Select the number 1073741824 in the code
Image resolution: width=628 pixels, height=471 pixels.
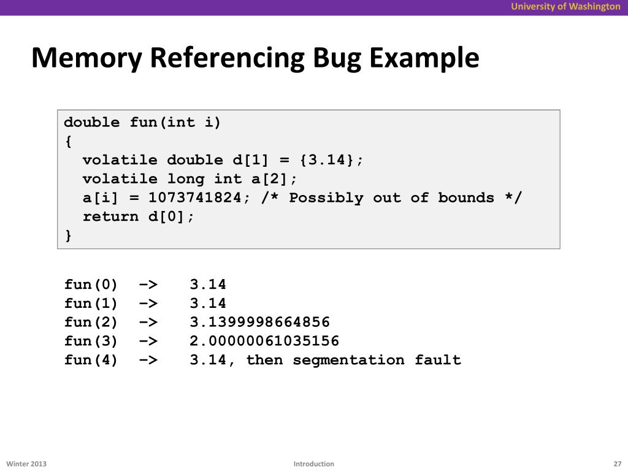[194, 198]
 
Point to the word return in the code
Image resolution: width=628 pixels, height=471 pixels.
[110, 216]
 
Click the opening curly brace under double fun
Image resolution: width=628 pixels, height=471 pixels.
[67, 142]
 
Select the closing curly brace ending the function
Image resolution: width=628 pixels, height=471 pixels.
[67, 235]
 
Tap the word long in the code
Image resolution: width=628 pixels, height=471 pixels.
[185, 179]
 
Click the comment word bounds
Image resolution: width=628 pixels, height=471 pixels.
[465, 198]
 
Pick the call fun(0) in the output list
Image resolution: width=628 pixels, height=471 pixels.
[91, 285]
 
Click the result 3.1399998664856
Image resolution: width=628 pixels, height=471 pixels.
[259, 322]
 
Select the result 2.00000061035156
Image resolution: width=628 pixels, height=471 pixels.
[264, 341]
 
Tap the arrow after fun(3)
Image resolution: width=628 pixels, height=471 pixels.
[148, 341]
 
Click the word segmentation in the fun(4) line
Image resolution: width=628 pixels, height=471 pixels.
[348, 360]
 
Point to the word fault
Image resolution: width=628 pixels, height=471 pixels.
[437, 360]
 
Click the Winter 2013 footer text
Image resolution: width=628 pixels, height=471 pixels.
[26, 464]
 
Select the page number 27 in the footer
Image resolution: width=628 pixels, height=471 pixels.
[617, 464]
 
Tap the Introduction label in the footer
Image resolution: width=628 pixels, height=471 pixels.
[313, 464]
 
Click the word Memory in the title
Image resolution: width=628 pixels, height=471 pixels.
[86, 59]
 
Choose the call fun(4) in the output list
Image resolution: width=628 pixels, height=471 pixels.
[91, 360]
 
